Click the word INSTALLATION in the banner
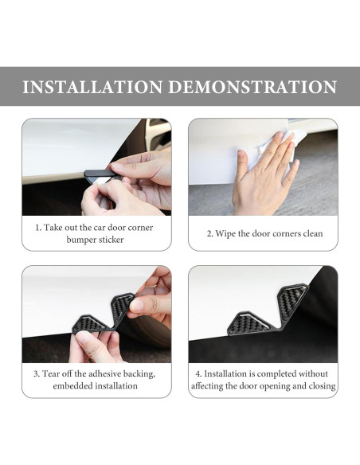point(92,87)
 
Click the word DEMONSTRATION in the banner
point(252,87)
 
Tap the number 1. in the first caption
point(38,228)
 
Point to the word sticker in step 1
point(111,240)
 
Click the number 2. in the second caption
point(210,233)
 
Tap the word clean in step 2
point(313,233)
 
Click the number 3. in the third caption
point(36,373)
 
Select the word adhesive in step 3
point(104,373)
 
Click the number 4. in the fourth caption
point(198,373)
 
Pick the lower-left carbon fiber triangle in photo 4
point(248,324)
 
